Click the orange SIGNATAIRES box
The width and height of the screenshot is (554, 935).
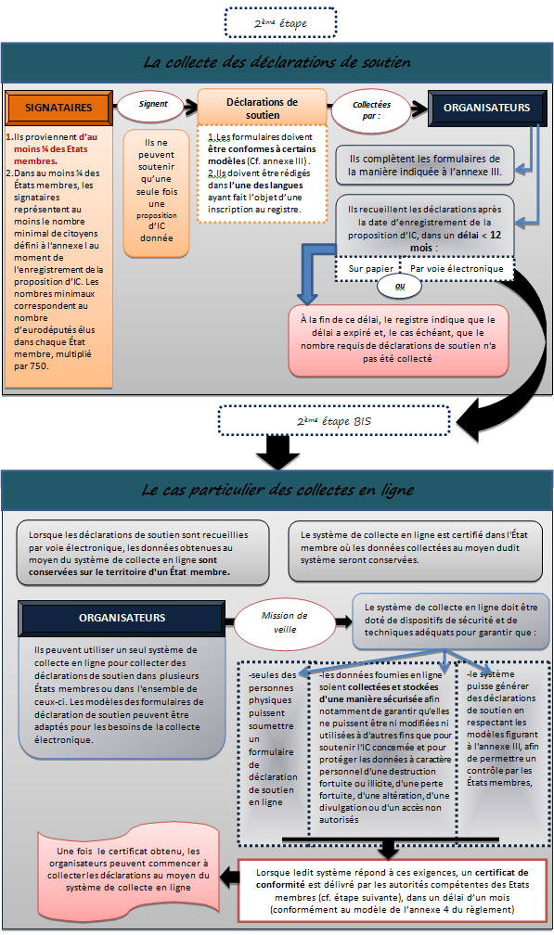tap(58, 108)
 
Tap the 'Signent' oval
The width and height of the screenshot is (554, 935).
tap(153, 105)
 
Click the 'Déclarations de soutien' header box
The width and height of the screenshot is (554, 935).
tap(262, 108)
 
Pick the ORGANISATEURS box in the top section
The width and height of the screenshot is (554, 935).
tap(486, 108)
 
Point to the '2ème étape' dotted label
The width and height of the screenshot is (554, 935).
tap(280, 23)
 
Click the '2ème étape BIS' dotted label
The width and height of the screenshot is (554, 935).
tap(334, 421)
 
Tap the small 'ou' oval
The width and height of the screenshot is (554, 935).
tap(400, 287)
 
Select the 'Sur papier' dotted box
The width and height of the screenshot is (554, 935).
tap(369, 269)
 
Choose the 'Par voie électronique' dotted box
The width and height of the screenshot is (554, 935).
tap(457, 269)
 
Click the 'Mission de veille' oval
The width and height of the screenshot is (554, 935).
tap(285, 621)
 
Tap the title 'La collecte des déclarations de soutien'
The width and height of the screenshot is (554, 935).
tap(277, 62)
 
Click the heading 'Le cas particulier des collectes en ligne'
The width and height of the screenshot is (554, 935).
tap(277, 490)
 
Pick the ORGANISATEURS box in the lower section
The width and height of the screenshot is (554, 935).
tap(122, 619)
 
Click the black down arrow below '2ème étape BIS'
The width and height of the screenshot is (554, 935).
tap(277, 453)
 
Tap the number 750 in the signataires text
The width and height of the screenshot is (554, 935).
tap(39, 366)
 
